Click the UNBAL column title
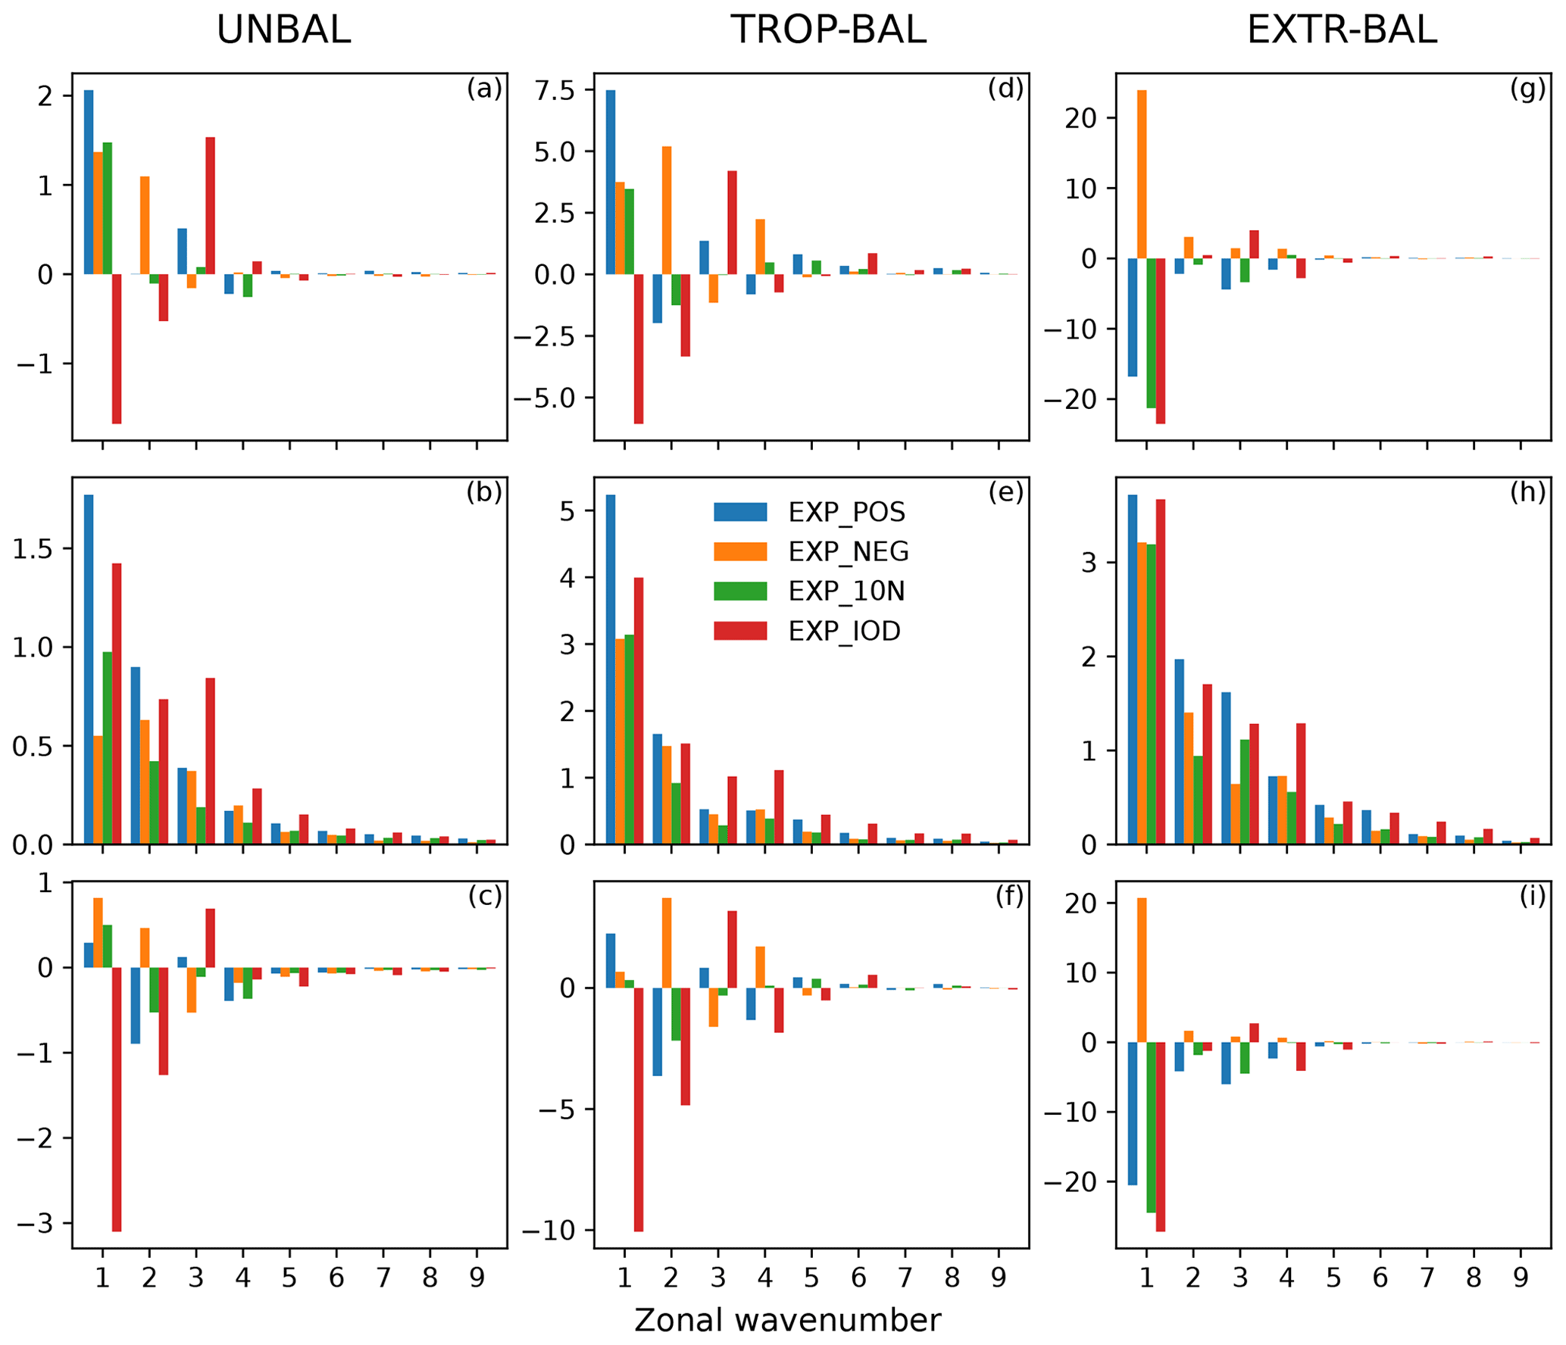tap(283, 30)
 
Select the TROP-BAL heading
tap(827, 30)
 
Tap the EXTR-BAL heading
tap(1341, 30)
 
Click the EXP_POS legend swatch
tap(739, 512)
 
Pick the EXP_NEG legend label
tap(848, 551)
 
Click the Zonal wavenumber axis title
tap(787, 1319)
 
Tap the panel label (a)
tap(484, 89)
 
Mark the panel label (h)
tap(1527, 492)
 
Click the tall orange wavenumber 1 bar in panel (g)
tap(1141, 174)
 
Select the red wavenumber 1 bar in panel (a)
tap(117, 348)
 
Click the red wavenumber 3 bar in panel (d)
tap(732, 223)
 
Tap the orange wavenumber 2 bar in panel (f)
tap(666, 943)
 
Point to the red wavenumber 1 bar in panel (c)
tap(117, 1099)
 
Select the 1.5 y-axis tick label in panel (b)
tap(33, 549)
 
